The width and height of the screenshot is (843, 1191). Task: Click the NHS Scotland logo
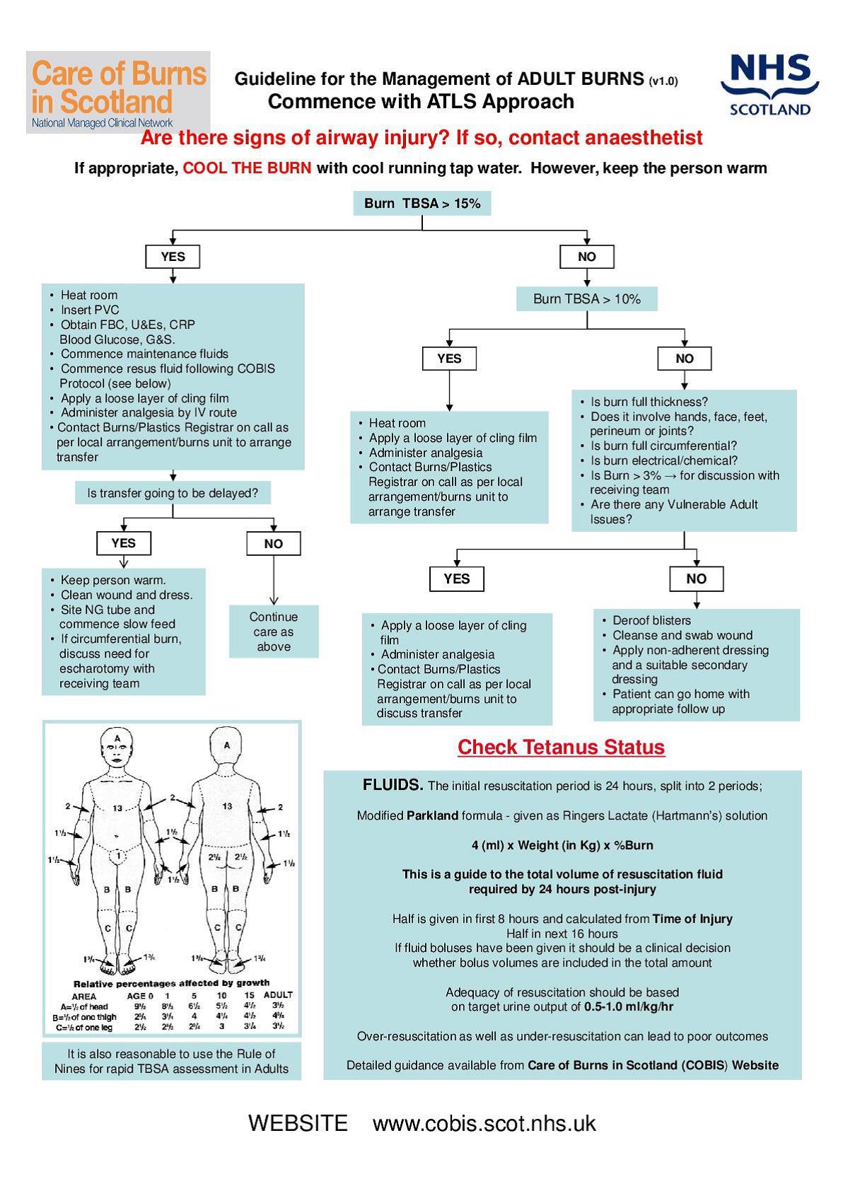pos(769,84)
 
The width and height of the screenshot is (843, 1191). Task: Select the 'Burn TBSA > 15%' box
pos(422,204)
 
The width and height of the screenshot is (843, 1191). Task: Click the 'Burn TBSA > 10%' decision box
pos(586,299)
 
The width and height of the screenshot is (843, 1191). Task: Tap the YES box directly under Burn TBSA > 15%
pos(173,257)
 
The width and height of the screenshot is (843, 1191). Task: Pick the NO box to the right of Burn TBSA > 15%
pos(586,257)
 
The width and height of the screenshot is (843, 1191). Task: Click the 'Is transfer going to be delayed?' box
pos(173,493)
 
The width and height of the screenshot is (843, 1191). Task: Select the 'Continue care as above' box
pos(274,632)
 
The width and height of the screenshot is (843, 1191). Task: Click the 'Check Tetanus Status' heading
pos(561,747)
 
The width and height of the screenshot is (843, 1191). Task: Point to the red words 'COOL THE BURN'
pos(247,168)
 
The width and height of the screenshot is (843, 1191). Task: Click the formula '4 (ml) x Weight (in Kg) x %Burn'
pos(562,845)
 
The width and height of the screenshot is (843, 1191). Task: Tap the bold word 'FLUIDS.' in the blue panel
pos(393,785)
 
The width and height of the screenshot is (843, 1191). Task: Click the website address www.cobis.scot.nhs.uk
pos(484,1123)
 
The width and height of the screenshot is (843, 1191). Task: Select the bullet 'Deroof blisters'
pos(651,620)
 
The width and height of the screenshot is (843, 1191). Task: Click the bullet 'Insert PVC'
pos(90,310)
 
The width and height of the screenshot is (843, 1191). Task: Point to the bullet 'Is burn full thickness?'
pos(649,402)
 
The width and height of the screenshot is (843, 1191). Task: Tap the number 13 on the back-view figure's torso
pos(227,806)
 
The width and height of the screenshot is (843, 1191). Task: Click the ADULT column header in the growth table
pos(278,995)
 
